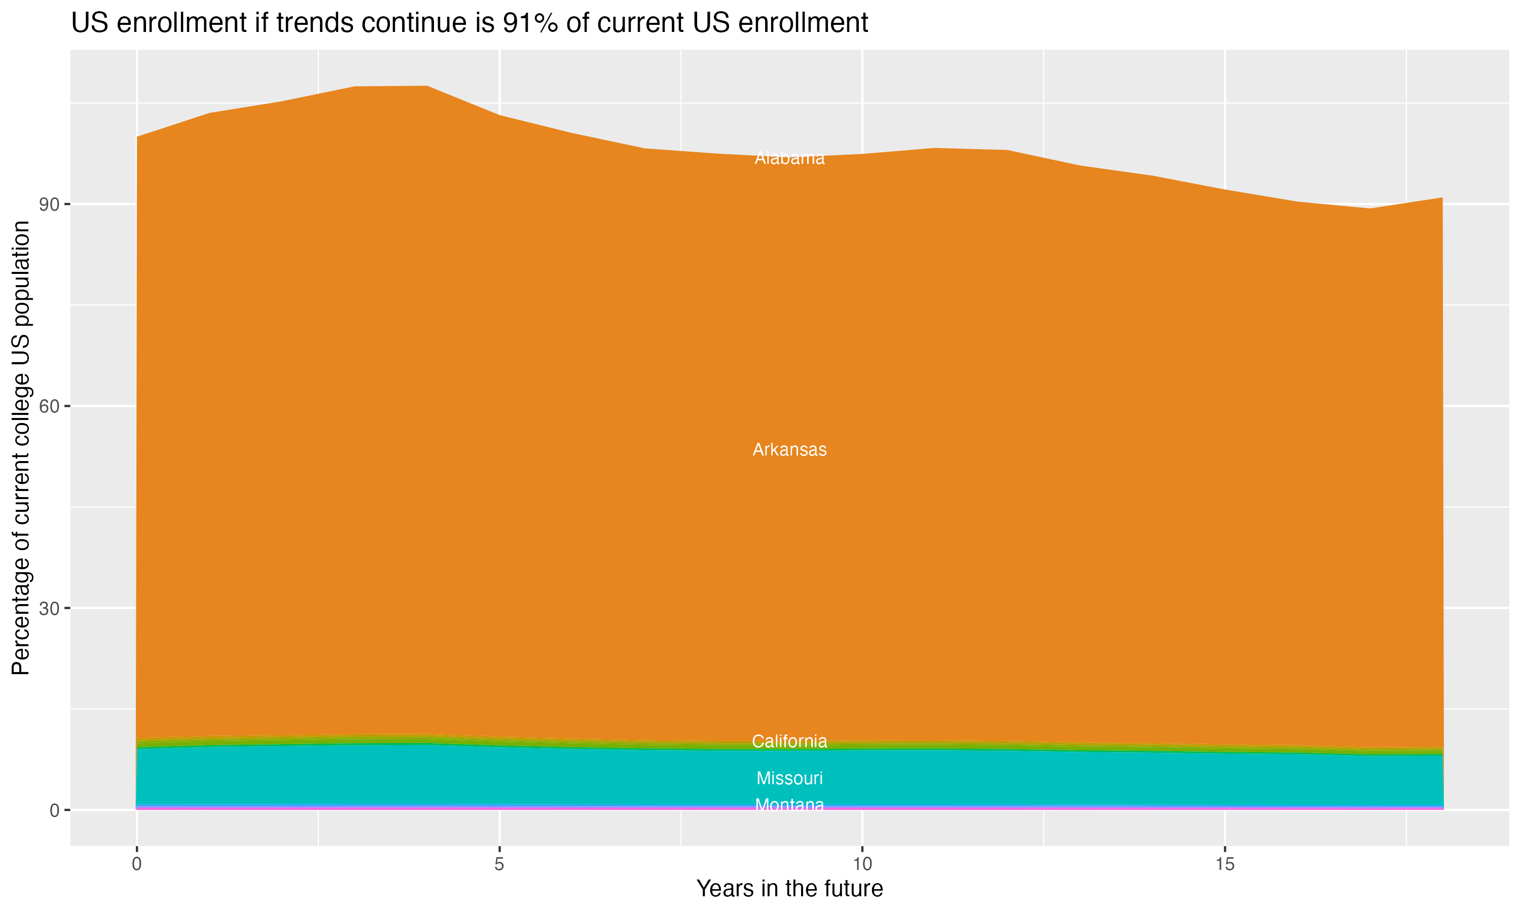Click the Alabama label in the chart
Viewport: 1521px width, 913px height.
(x=789, y=159)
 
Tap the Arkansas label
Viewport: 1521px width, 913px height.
(x=789, y=450)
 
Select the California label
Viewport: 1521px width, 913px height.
(x=789, y=742)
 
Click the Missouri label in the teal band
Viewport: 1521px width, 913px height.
(x=789, y=778)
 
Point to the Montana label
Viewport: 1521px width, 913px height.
(x=789, y=805)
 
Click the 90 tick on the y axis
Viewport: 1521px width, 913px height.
(x=49, y=205)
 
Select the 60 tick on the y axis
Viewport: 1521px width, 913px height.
(x=49, y=407)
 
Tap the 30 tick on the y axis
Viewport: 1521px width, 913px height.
(x=49, y=609)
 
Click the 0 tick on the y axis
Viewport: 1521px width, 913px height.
(x=54, y=810)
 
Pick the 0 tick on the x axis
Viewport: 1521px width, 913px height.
(x=136, y=864)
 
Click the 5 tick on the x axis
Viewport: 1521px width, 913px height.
(x=499, y=864)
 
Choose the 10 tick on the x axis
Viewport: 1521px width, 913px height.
(x=862, y=864)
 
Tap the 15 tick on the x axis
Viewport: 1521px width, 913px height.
(x=1225, y=864)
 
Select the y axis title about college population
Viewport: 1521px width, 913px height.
(x=21, y=447)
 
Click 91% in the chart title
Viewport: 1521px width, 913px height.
(x=529, y=23)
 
